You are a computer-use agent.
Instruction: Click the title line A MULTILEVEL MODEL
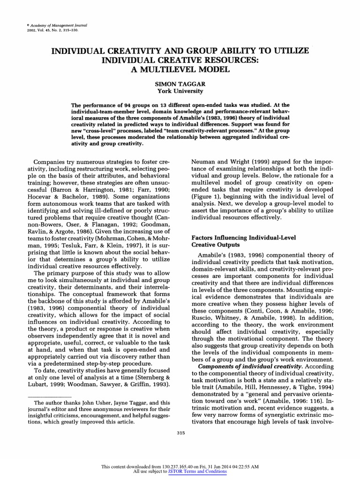pos(180,69)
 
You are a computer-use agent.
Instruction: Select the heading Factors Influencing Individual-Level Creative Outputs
pos(232,241)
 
